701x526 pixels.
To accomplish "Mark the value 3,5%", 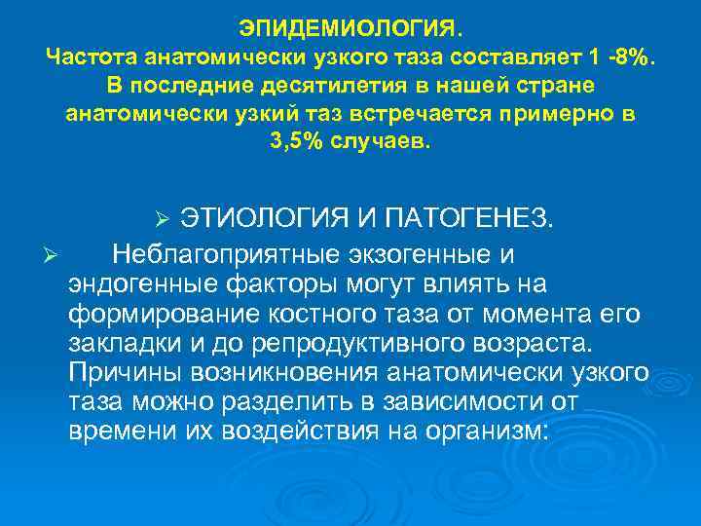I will coord(298,142).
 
